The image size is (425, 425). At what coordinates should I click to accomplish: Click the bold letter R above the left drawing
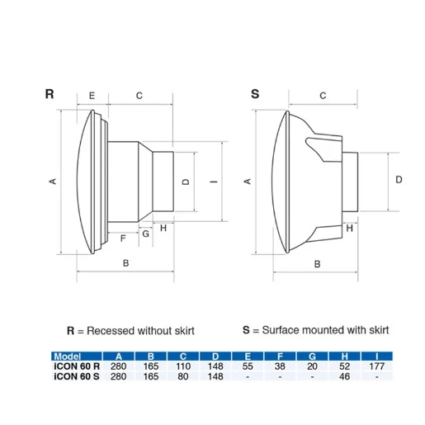50,95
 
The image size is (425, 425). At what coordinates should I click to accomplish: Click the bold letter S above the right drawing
255,95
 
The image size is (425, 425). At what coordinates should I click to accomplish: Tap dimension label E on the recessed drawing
91,96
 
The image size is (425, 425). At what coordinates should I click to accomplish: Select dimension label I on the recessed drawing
213,182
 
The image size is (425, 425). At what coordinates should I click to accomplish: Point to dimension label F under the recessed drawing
123,238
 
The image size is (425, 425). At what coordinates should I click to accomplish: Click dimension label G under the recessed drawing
145,234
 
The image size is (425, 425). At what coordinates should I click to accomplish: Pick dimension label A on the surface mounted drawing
245,180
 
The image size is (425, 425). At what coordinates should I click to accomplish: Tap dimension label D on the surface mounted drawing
398,178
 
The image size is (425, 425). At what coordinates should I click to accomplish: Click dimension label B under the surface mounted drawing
317,264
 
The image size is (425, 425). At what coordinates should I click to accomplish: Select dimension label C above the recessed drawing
139,96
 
